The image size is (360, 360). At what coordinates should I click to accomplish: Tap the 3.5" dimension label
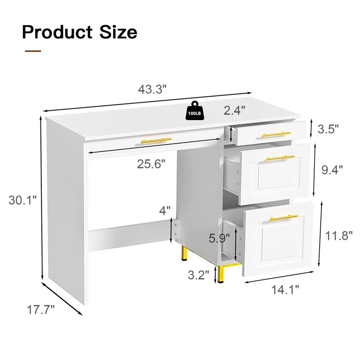point(328,130)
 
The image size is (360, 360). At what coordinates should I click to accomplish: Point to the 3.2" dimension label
point(198,274)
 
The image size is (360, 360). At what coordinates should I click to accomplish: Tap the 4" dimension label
point(165,210)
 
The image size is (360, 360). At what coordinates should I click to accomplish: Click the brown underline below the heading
point(32,51)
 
